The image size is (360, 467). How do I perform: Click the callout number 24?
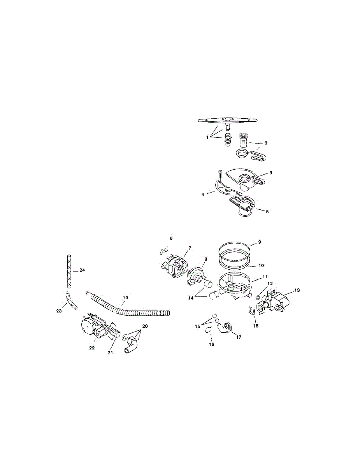(82, 270)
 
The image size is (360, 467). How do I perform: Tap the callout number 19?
(125, 297)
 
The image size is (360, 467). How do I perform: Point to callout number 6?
(170, 238)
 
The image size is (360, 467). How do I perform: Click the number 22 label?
(92, 348)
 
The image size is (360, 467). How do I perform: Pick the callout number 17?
(238, 337)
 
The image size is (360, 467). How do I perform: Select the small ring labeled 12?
(258, 298)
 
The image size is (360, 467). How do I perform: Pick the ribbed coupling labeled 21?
(114, 333)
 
